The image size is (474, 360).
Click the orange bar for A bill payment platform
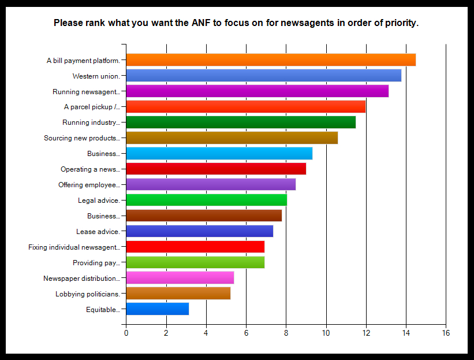coord(270,60)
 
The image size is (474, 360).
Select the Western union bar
coord(263,75)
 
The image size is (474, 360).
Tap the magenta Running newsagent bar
coord(257,91)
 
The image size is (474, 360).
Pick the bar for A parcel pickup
coord(245,106)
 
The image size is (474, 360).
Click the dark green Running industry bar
coord(240,122)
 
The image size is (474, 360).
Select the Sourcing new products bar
coord(232,138)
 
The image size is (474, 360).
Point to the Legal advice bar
coord(206,200)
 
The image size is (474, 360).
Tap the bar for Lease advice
coord(199,231)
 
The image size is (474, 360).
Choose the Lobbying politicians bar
coord(178,293)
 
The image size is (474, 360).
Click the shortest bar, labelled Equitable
coord(157,309)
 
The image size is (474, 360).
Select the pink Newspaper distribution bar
coord(180,278)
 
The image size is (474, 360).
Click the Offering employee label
coord(89,185)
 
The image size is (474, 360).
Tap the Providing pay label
coord(96,263)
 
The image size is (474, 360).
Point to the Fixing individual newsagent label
coord(74,247)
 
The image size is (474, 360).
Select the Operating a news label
coord(90,169)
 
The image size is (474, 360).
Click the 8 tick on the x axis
coord(286,333)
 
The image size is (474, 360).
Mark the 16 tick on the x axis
coord(446,333)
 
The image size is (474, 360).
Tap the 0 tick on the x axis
coord(126,333)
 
